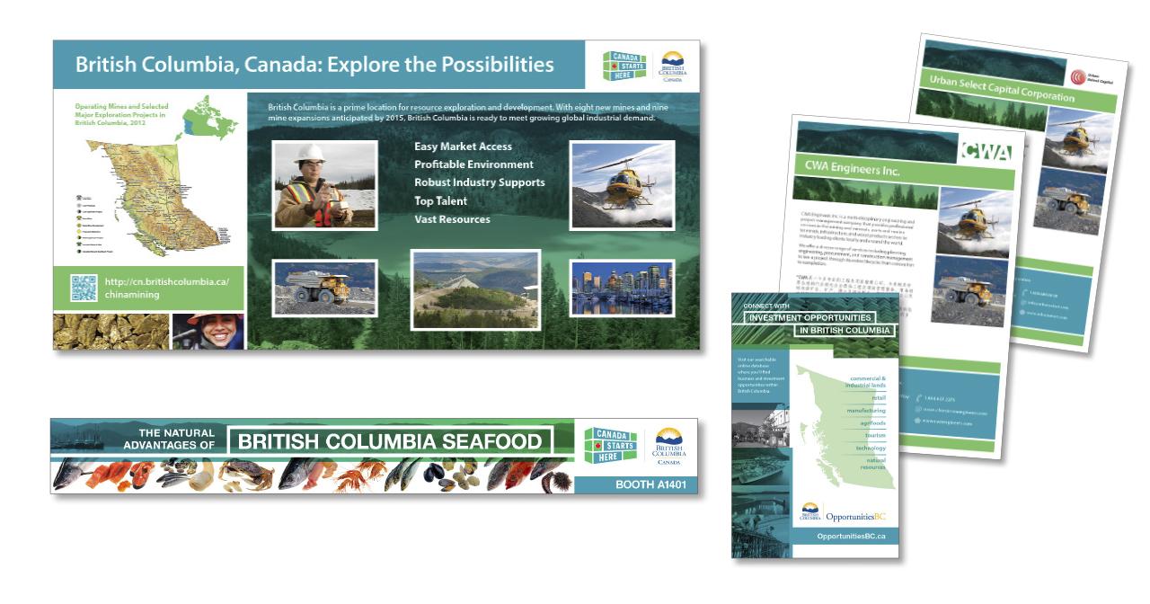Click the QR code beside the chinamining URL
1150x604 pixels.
(84, 288)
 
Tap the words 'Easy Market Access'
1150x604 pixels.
(463, 147)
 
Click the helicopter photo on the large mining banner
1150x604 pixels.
(621, 185)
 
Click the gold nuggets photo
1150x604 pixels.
(111, 331)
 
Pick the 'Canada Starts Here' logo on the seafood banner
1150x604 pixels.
(610, 446)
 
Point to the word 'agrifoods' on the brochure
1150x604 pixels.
(871, 422)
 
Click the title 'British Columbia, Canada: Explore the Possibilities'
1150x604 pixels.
(314, 65)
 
